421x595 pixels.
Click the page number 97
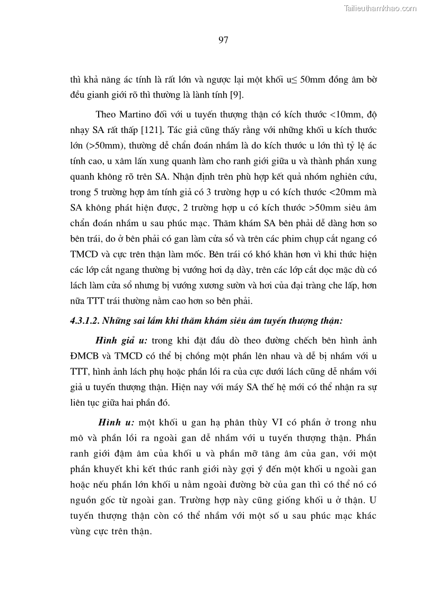(x=223, y=39)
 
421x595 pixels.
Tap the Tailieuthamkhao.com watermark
(x=381, y=8)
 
